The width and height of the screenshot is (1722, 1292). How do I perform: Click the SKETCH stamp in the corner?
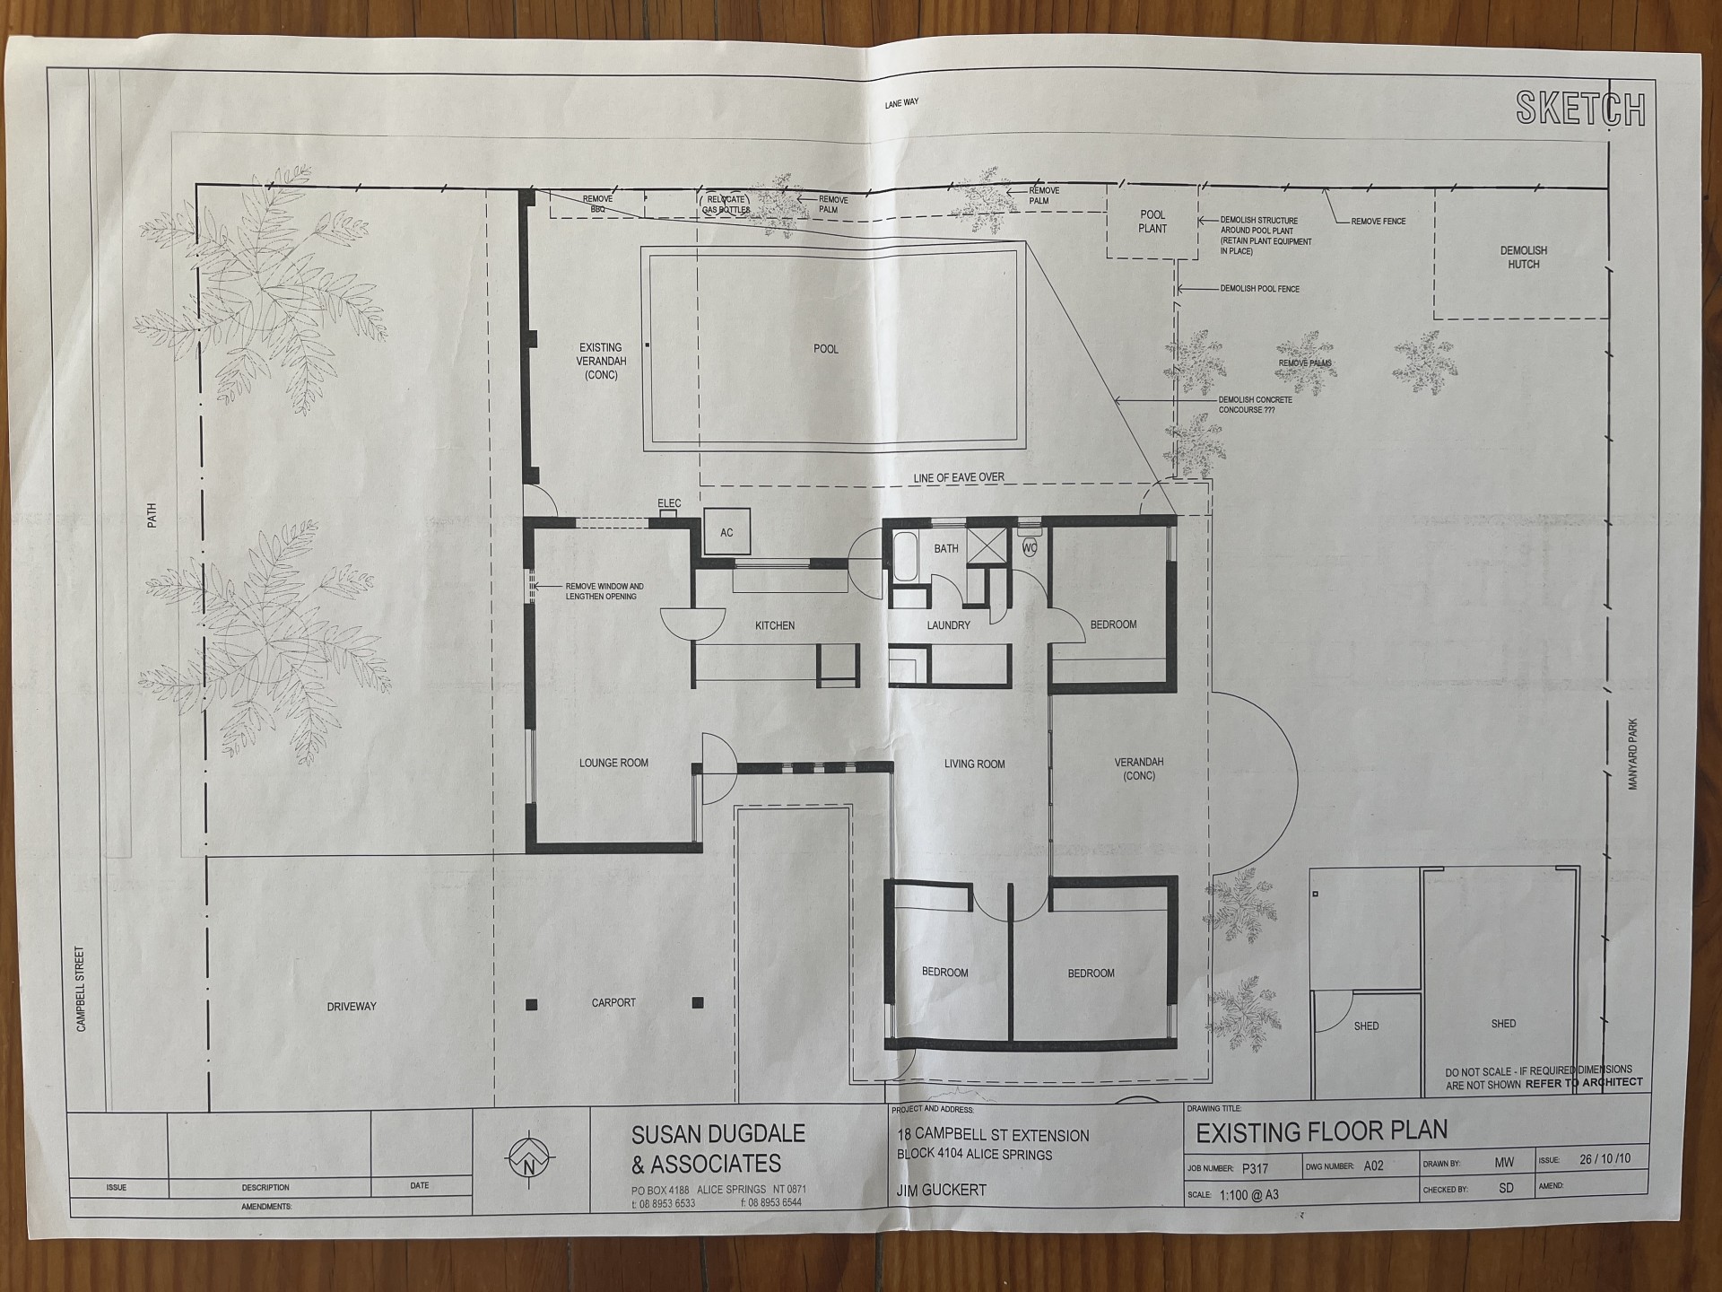point(1580,109)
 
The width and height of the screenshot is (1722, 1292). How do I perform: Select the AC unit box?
point(726,533)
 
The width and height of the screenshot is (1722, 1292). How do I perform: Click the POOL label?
point(825,349)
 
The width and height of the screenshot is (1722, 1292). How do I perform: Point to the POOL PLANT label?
point(1152,222)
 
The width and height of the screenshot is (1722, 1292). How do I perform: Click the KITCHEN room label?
point(774,625)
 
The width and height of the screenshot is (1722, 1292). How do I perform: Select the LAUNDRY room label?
point(948,625)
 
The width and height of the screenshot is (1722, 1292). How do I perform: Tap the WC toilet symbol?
point(1030,547)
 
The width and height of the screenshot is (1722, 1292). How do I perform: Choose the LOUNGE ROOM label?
point(613,764)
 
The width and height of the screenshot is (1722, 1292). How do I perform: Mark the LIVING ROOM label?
point(974,764)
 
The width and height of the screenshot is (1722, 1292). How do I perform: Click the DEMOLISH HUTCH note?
point(1523,258)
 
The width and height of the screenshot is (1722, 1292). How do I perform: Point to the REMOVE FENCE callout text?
point(1378,222)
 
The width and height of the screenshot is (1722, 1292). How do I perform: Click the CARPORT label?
point(613,1002)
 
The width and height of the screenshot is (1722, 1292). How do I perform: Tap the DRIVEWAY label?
point(352,1007)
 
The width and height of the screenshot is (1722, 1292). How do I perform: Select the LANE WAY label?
point(901,104)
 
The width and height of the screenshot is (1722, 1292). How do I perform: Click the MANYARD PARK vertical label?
point(1633,754)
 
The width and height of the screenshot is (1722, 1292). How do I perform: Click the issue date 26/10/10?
point(1605,1159)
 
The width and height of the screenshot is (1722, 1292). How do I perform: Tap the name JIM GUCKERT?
point(942,1191)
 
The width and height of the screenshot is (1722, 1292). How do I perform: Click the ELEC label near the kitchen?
point(669,503)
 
